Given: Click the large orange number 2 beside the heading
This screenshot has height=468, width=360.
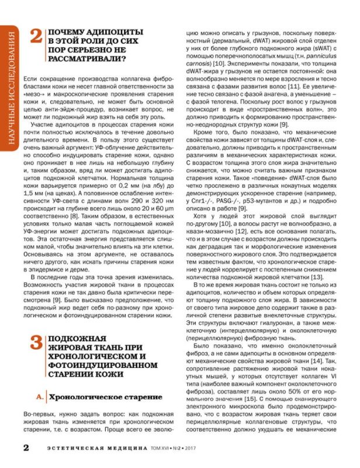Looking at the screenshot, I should pos(36,37).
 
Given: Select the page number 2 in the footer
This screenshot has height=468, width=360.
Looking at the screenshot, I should pos(26,448).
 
